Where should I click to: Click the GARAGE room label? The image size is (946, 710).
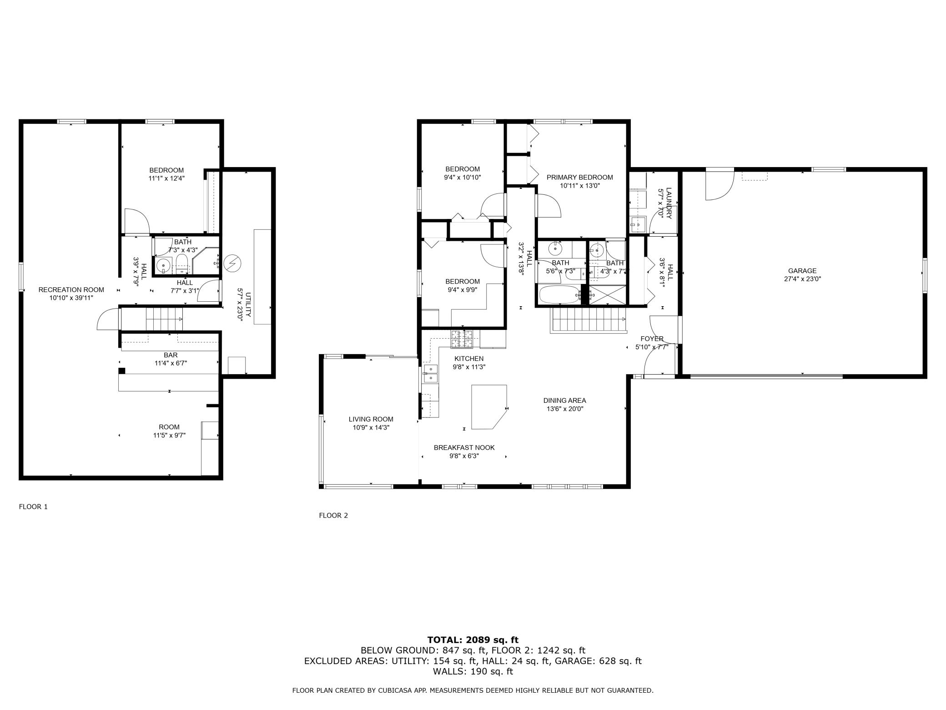pyautogui.click(x=802, y=271)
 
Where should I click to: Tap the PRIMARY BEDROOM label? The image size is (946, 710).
pyautogui.click(x=579, y=177)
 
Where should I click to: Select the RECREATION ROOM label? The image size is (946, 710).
pyautogui.click(x=71, y=289)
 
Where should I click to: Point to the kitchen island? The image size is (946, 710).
pyautogui.click(x=489, y=407)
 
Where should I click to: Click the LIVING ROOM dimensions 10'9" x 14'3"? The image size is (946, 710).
pyautogui.click(x=371, y=427)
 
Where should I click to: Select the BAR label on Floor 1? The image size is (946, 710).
pyautogui.click(x=171, y=355)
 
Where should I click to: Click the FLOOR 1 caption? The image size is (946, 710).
pyautogui.click(x=33, y=507)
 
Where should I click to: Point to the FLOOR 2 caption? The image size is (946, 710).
pyautogui.click(x=333, y=516)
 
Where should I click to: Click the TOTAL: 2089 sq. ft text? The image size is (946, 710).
pyautogui.click(x=473, y=640)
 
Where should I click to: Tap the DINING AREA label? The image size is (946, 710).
pyautogui.click(x=564, y=401)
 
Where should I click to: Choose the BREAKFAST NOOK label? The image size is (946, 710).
pyautogui.click(x=464, y=447)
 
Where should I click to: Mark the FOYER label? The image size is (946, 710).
pyautogui.click(x=652, y=339)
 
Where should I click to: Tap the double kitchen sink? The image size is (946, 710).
pyautogui.click(x=430, y=374)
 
